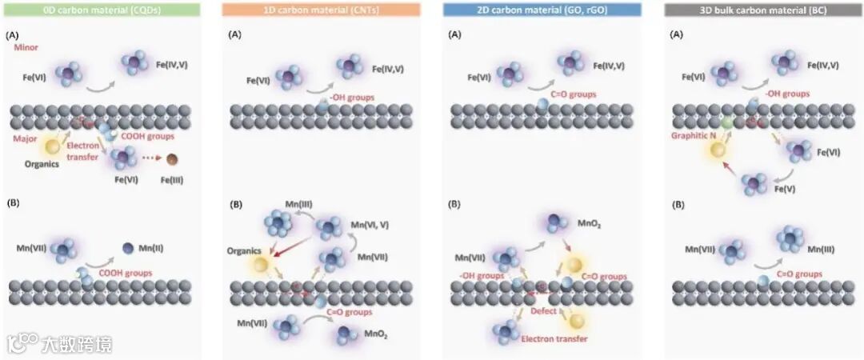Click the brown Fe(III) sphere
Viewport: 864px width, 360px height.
tap(172, 159)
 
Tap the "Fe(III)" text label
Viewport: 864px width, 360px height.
tap(171, 180)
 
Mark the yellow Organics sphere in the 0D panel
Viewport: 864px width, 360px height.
tap(53, 146)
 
